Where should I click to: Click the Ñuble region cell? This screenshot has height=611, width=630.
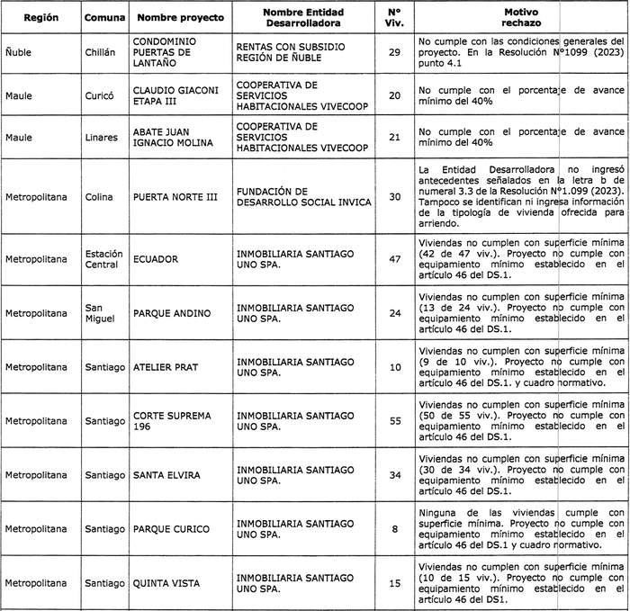(18, 53)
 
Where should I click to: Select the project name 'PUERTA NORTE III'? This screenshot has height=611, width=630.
(175, 197)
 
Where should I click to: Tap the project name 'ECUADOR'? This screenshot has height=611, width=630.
(156, 259)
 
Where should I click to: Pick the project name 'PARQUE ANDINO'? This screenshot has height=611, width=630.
(172, 314)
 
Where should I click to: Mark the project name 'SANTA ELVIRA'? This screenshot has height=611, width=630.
(166, 474)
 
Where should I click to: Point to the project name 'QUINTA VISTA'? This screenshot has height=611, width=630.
(166, 583)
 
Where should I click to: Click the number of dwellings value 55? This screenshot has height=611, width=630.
(394, 421)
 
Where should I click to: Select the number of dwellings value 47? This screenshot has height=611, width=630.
(394, 259)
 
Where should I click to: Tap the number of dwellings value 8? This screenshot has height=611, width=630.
(394, 529)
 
